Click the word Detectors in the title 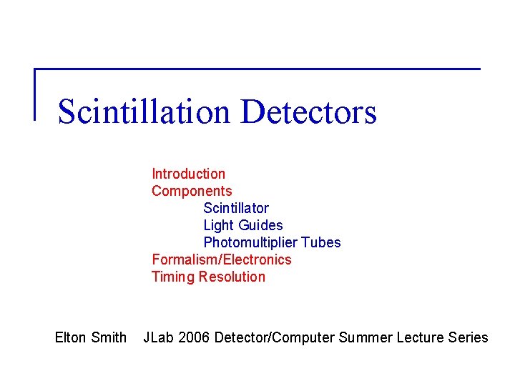pyautogui.click(x=309, y=112)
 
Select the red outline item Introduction pyautogui.click(x=188, y=174)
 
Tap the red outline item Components pyautogui.click(x=192, y=191)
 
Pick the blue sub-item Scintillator pyautogui.click(x=236, y=208)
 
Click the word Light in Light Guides pyautogui.click(x=218, y=225)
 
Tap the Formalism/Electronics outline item pyautogui.click(x=222, y=259)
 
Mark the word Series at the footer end pyautogui.click(x=469, y=337)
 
